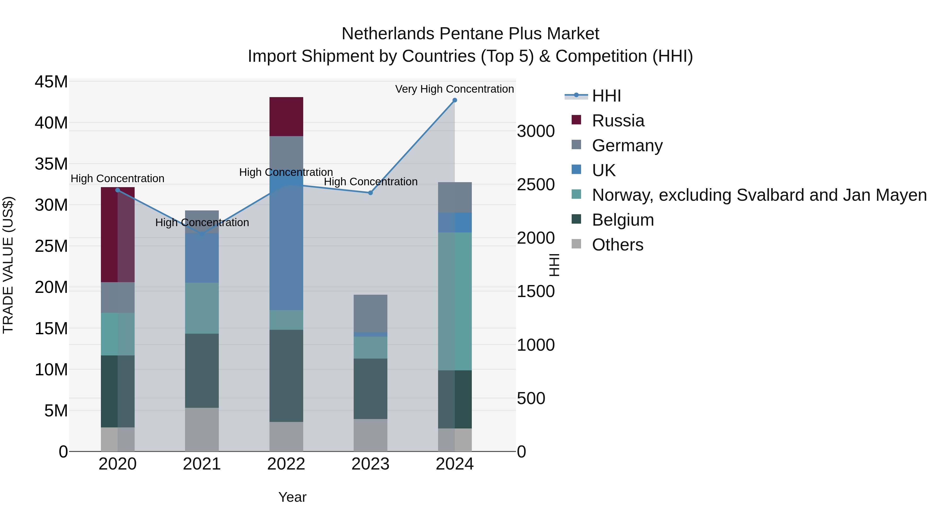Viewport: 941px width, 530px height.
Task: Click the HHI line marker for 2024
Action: (455, 100)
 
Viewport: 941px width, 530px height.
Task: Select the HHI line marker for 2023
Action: (370, 193)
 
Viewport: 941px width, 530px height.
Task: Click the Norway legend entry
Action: (759, 195)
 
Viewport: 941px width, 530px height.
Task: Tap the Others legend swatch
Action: (576, 244)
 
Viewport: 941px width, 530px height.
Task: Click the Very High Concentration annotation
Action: (455, 89)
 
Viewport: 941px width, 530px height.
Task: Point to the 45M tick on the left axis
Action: (51, 82)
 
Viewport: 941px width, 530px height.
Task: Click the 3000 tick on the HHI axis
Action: (536, 131)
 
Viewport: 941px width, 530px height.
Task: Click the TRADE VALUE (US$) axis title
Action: (8, 265)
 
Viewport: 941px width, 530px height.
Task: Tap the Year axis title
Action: (292, 497)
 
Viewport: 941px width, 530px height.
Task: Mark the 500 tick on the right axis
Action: (531, 398)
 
